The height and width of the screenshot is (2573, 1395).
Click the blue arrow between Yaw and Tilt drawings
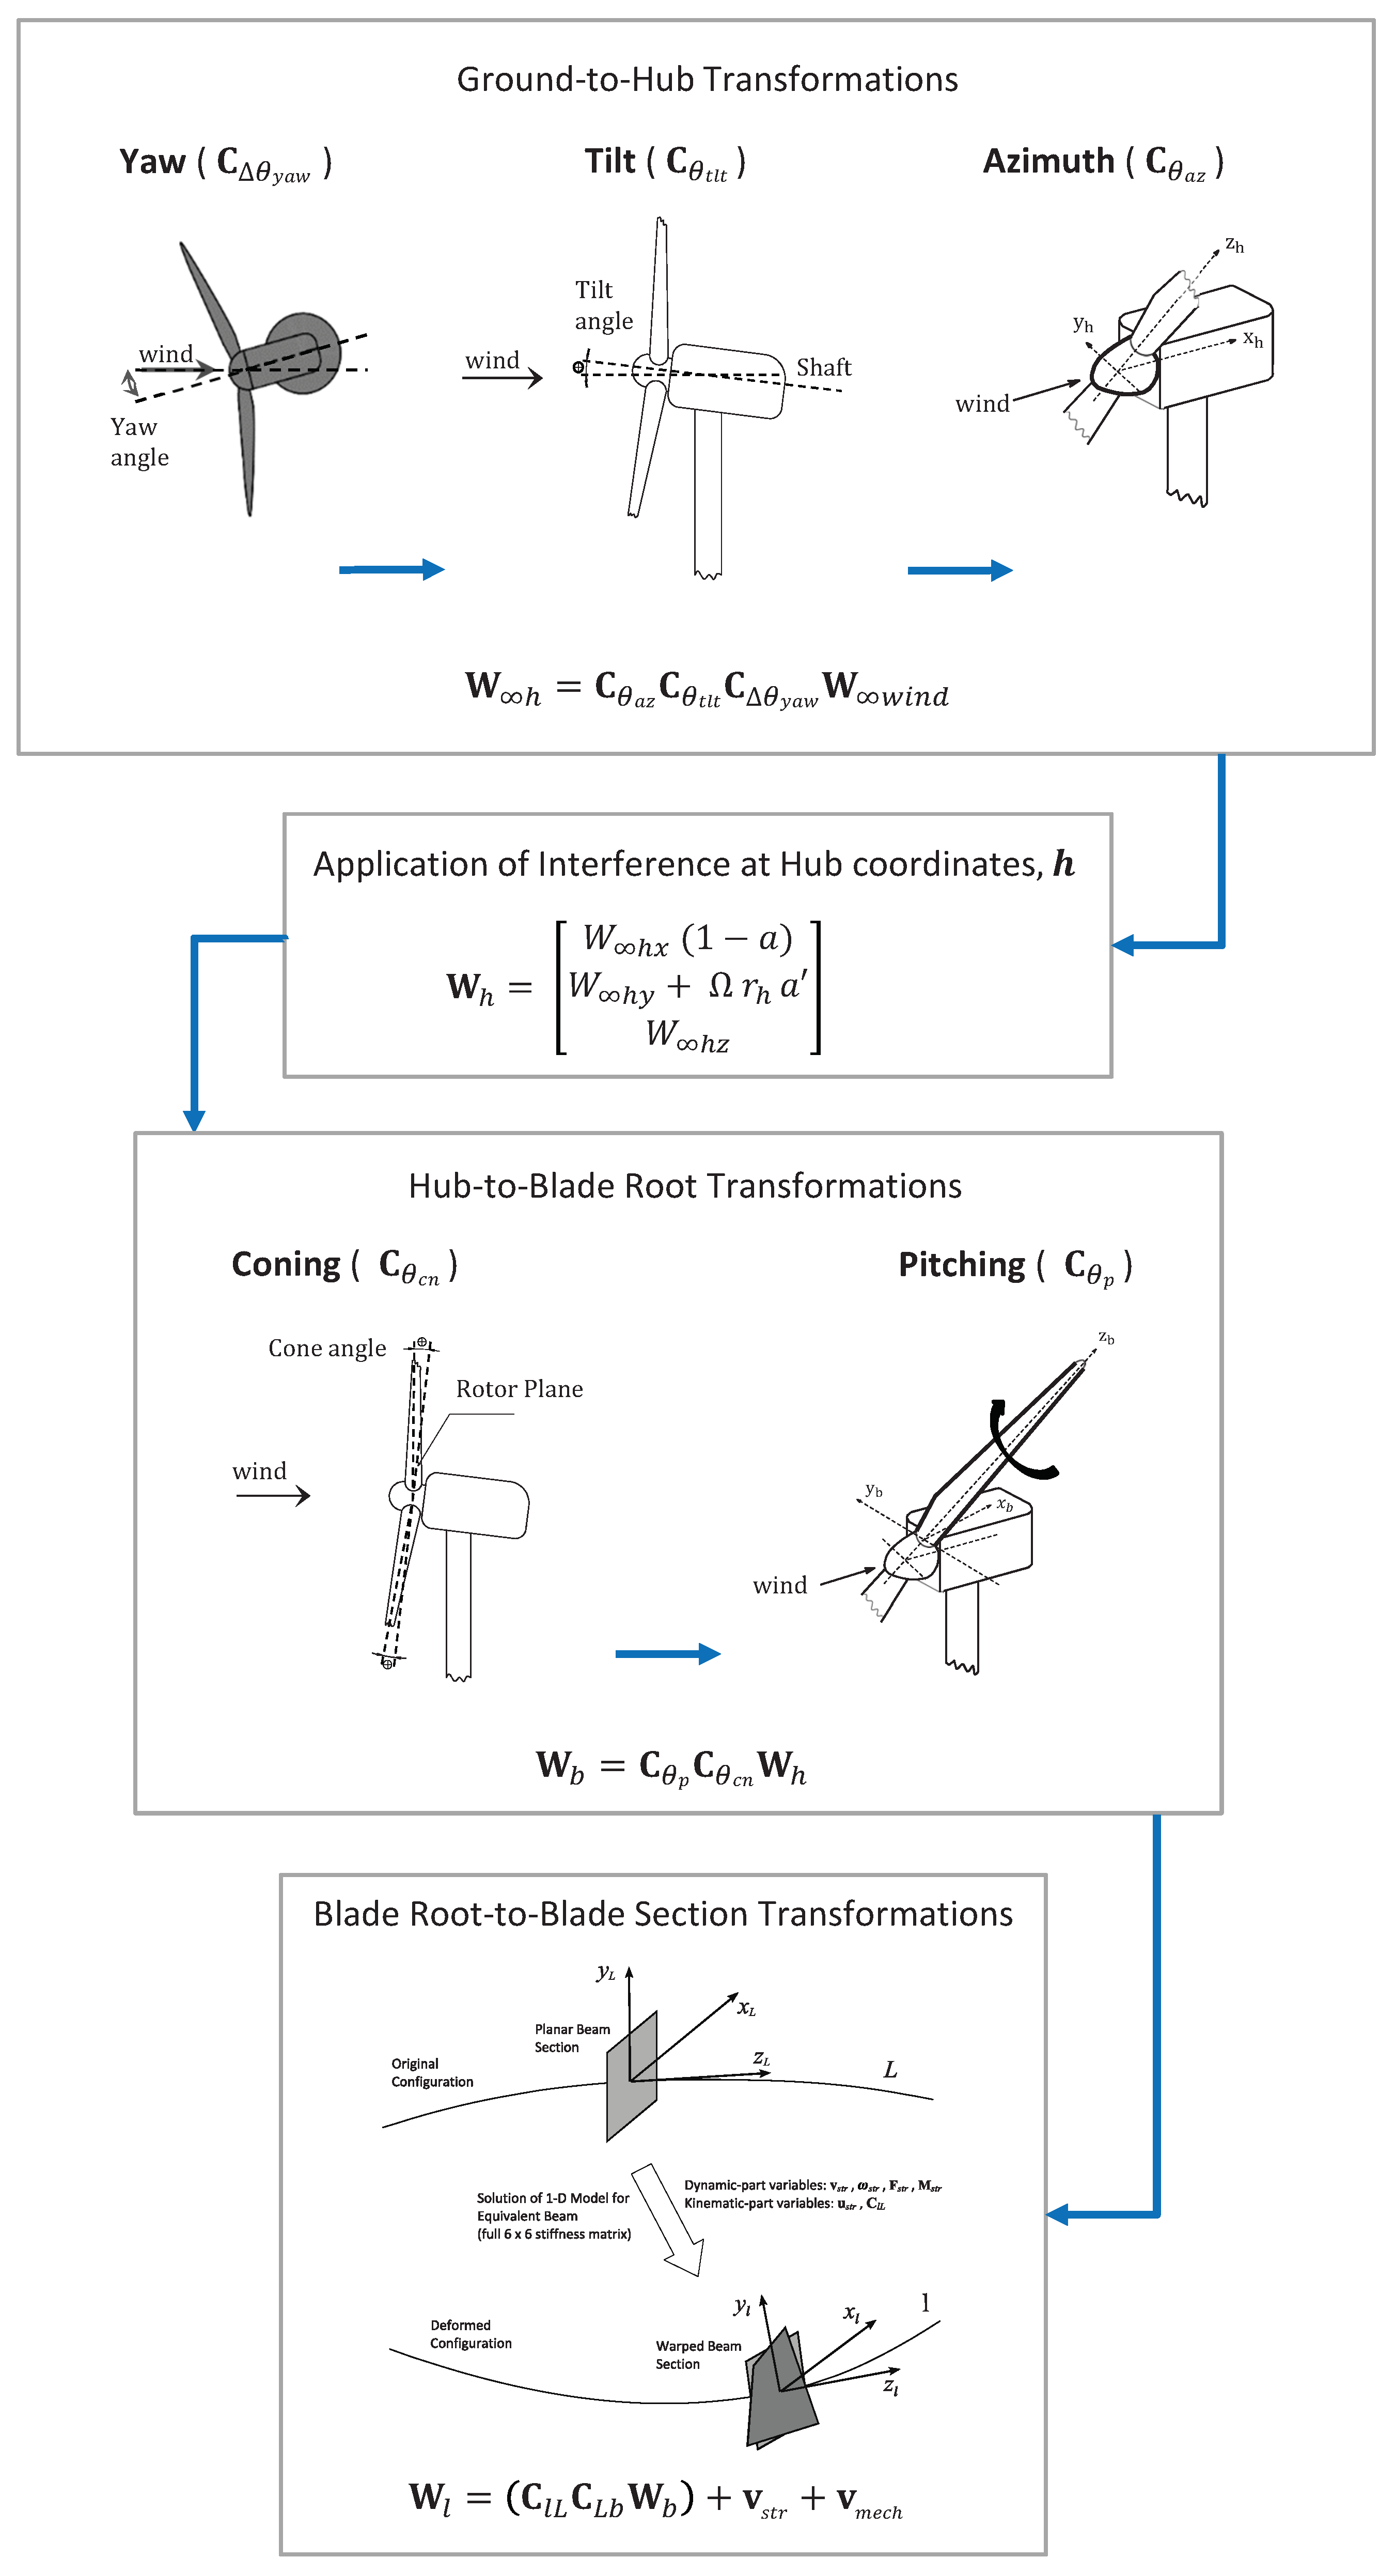click(x=391, y=569)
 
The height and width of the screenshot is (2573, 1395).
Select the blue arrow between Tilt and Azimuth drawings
click(x=960, y=570)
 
